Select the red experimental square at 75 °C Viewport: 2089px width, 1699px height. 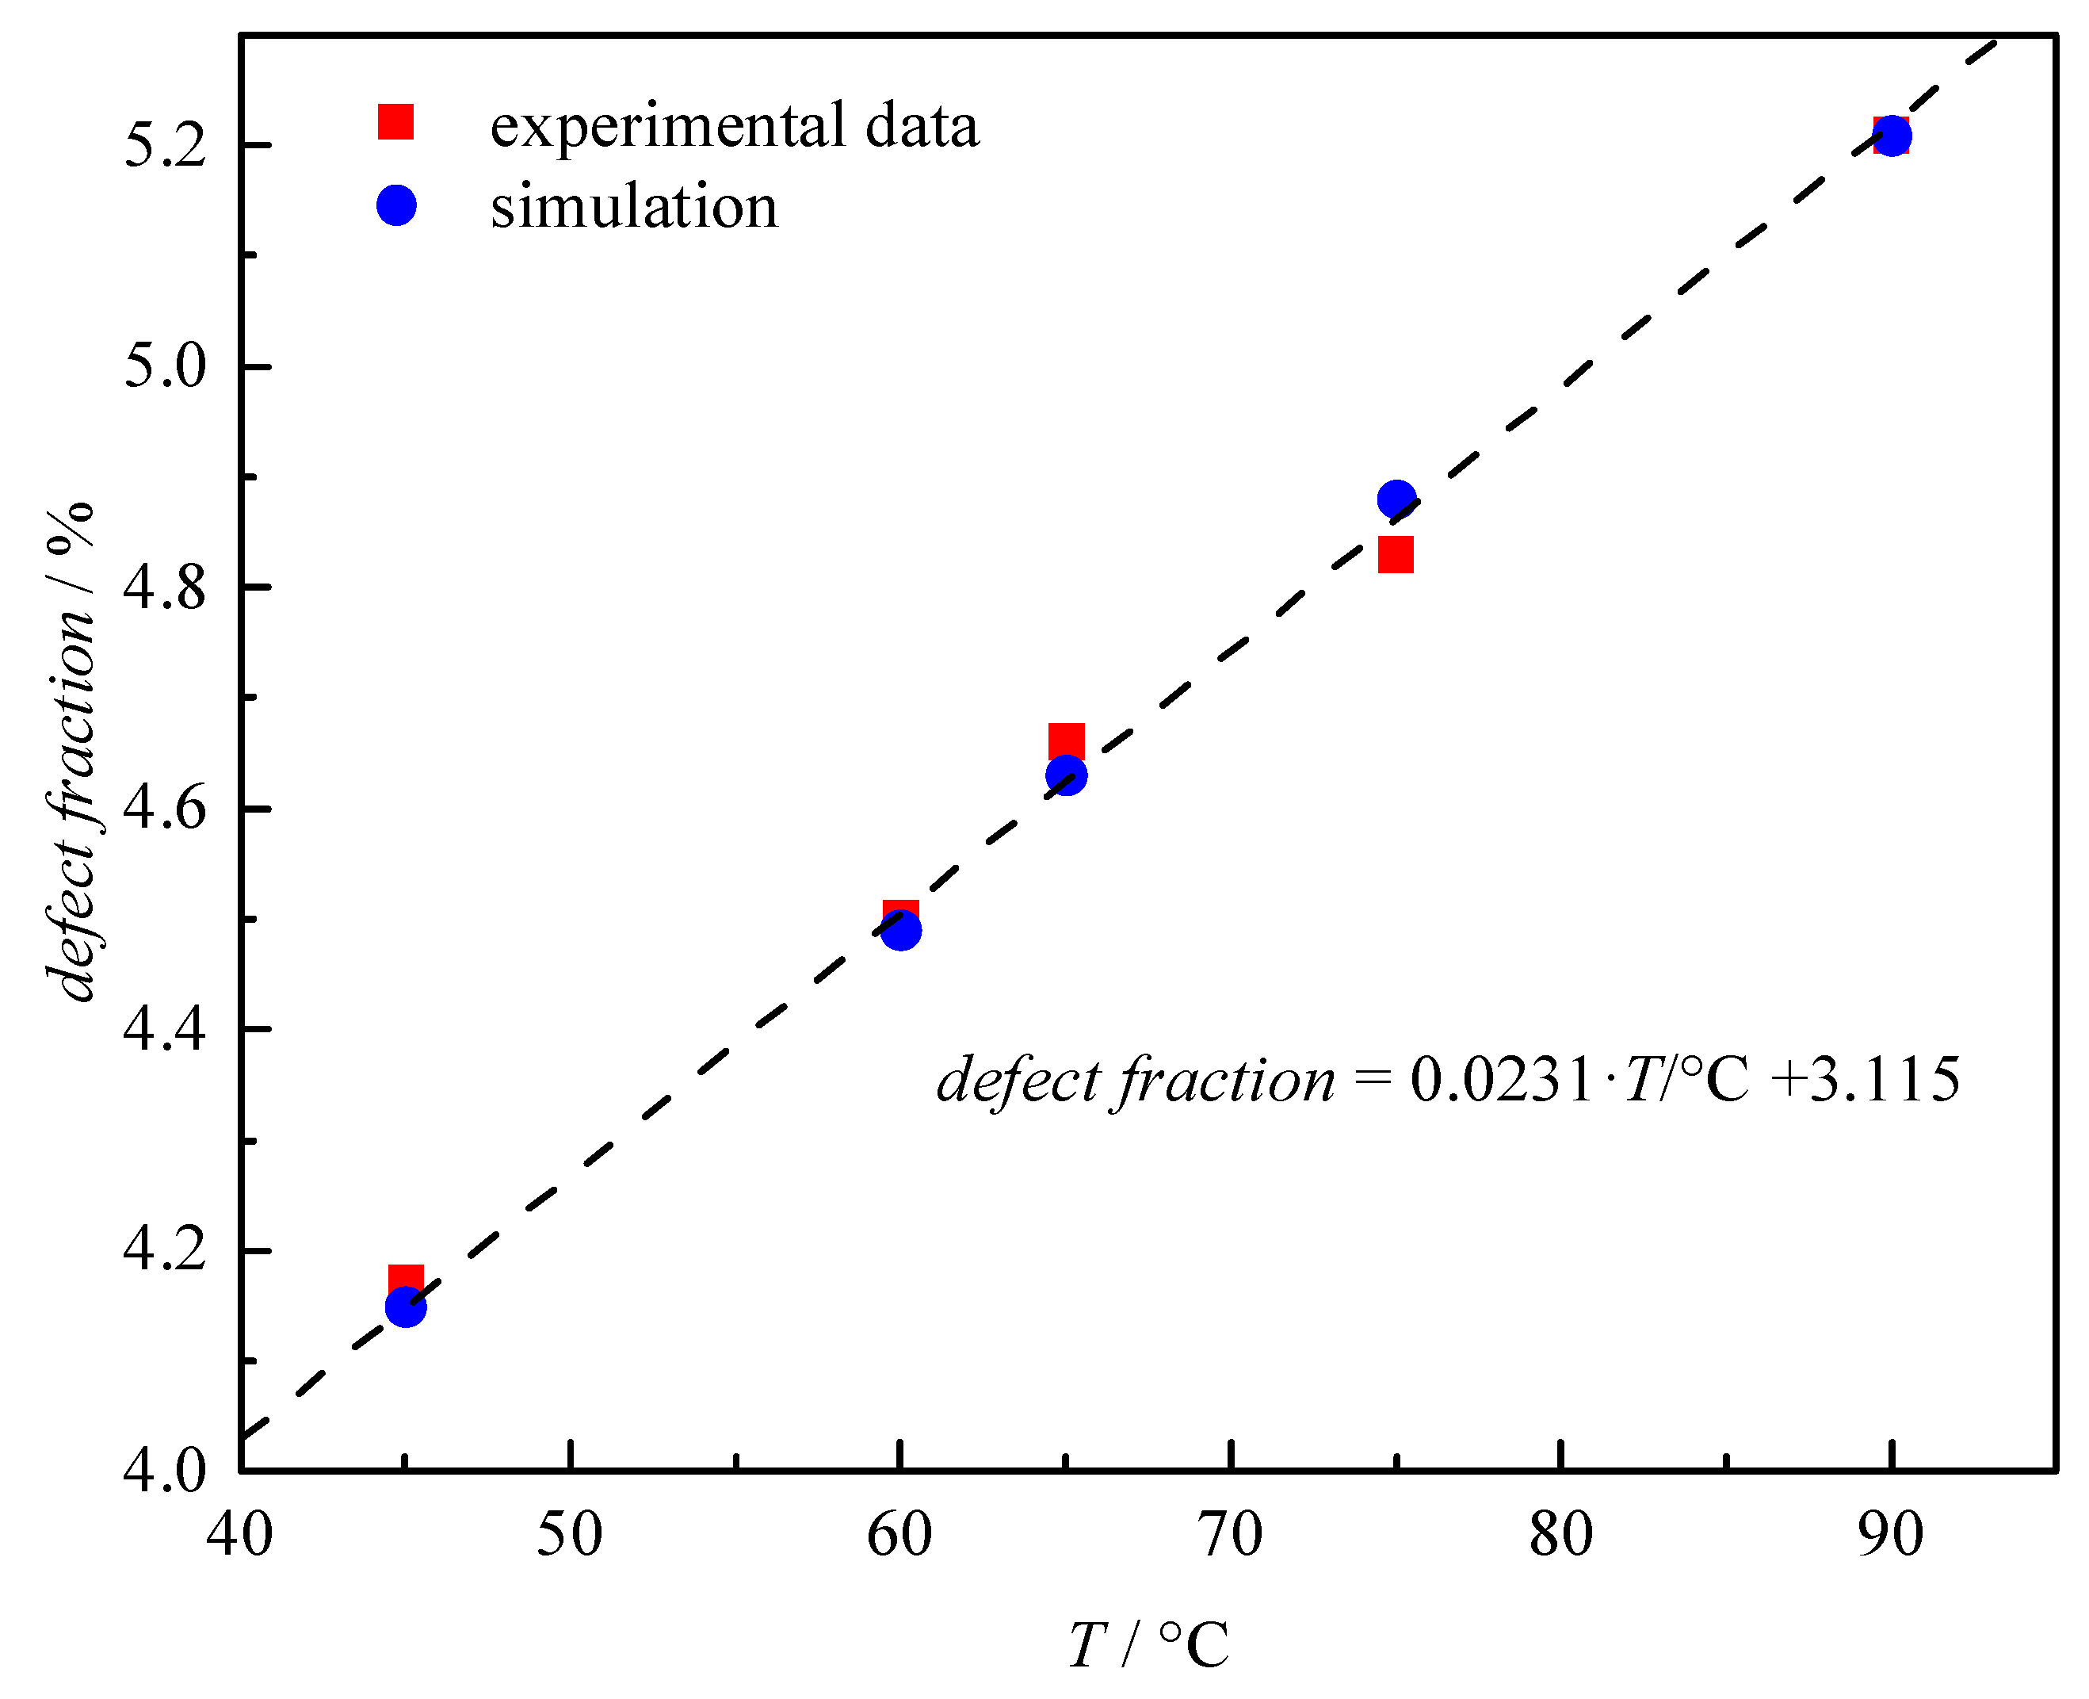coord(1396,555)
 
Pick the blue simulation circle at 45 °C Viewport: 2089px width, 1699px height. coord(406,1307)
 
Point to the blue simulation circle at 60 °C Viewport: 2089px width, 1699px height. coord(901,930)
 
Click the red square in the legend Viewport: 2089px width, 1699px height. coord(396,122)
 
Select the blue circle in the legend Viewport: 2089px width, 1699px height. coord(396,205)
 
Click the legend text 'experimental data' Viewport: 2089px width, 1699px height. coord(734,125)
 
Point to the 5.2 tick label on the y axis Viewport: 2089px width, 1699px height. coord(164,147)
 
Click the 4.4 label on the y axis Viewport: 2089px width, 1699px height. coord(164,1031)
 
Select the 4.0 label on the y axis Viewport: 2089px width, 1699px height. coord(164,1471)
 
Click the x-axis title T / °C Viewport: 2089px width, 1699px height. coord(1148,1644)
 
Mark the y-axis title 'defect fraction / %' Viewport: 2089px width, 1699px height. coord(71,752)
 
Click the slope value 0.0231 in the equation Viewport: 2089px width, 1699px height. coord(1502,1081)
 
